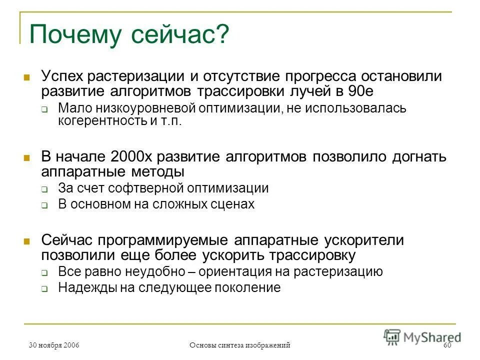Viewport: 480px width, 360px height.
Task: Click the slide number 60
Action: [x=447, y=345]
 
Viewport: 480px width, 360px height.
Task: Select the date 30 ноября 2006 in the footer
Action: [x=54, y=345]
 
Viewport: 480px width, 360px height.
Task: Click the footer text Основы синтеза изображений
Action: [x=240, y=345]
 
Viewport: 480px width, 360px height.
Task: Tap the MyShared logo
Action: [x=422, y=336]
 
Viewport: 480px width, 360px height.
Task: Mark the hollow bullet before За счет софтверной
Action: [x=44, y=189]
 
